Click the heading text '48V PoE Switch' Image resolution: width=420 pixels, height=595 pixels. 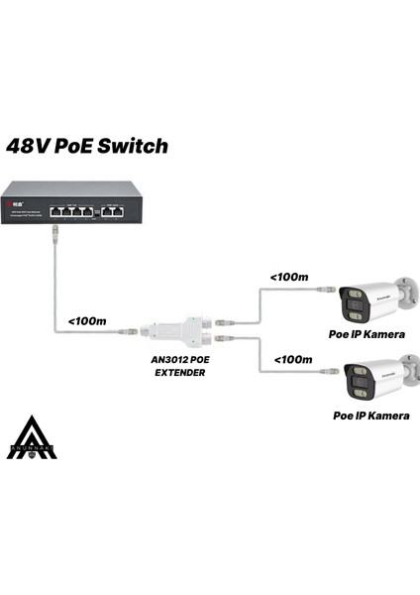click(87, 147)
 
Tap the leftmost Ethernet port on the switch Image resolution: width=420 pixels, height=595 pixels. click(58, 210)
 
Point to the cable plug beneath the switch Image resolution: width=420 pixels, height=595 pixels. click(54, 234)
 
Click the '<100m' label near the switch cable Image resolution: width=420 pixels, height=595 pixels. click(87, 320)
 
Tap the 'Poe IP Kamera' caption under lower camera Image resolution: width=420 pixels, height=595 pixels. click(369, 416)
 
